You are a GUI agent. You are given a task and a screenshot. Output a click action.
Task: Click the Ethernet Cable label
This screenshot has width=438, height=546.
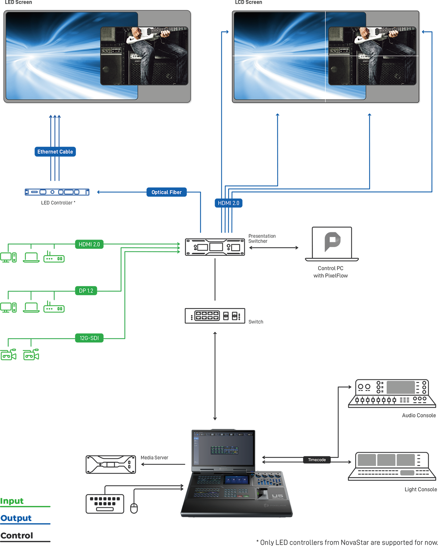pos(55,152)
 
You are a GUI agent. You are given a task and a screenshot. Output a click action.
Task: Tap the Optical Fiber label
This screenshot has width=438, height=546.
pos(166,192)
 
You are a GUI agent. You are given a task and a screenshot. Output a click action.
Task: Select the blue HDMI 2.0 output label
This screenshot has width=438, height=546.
pos(228,203)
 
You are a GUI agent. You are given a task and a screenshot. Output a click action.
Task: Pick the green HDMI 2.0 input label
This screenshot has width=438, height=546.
pos(89,244)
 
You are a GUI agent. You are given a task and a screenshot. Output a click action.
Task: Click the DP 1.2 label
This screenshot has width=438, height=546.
pos(86,291)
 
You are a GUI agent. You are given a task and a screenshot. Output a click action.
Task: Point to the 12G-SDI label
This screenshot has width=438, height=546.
pos(89,338)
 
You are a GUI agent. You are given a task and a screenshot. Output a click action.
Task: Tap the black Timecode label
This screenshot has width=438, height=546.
pos(317,460)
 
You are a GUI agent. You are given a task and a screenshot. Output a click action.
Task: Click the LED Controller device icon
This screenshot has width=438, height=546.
pos(57,192)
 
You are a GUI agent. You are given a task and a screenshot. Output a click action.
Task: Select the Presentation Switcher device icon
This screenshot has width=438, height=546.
pos(215,247)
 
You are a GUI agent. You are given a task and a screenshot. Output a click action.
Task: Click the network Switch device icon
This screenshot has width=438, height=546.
pos(215,316)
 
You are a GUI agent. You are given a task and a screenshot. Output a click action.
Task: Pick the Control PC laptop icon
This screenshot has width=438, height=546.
pos(332,244)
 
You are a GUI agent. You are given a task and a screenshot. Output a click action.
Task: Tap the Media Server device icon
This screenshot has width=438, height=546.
pos(111,465)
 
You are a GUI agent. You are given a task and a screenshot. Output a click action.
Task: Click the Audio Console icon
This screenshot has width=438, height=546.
pos(392,393)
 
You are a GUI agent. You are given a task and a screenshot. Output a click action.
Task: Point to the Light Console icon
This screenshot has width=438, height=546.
pos(392,466)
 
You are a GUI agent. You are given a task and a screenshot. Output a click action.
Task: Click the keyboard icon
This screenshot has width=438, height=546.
pos(105,504)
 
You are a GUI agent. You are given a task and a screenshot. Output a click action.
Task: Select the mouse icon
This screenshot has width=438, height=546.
pos(134,508)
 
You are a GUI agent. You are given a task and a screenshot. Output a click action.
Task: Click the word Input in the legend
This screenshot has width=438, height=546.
pos(12,501)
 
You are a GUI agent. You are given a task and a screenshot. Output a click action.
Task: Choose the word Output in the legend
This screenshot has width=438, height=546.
pos(16,518)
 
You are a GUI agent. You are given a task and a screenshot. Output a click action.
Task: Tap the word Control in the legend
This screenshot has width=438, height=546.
pos(17,536)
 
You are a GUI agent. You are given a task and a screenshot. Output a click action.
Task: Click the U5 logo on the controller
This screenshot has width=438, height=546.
pos(277,496)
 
